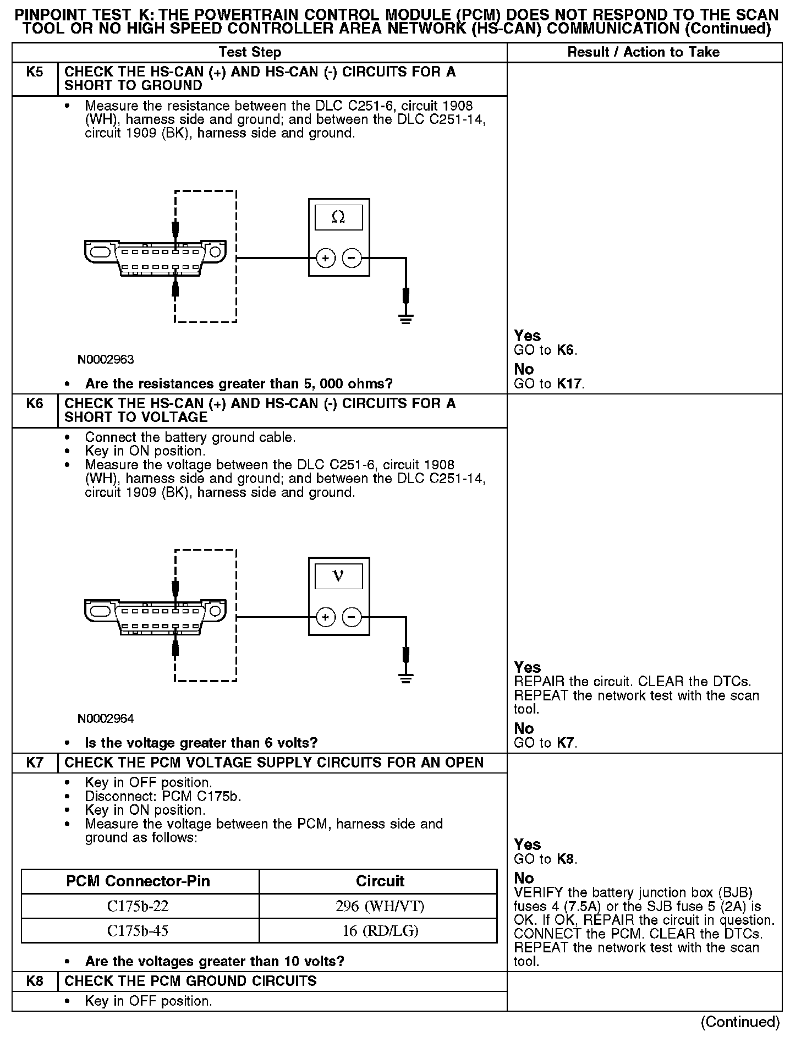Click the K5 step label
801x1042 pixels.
[35, 72]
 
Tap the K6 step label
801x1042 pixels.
[35, 404]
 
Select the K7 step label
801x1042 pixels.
[35, 763]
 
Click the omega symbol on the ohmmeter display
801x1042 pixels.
[338, 218]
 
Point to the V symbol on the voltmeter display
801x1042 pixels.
[338, 577]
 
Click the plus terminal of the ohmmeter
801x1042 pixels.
[326, 258]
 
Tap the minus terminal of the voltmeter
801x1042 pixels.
[352, 617]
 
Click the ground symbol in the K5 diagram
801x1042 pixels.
[406, 319]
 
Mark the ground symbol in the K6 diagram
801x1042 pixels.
[406, 678]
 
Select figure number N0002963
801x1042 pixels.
[106, 360]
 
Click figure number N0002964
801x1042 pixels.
[106, 719]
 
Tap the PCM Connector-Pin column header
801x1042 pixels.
[138, 881]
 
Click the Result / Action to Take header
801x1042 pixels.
[644, 52]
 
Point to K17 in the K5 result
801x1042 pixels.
[570, 384]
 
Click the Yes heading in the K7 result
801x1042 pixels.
[528, 844]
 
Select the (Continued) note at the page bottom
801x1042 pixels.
[740, 1022]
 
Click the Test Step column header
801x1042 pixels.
[250, 52]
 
